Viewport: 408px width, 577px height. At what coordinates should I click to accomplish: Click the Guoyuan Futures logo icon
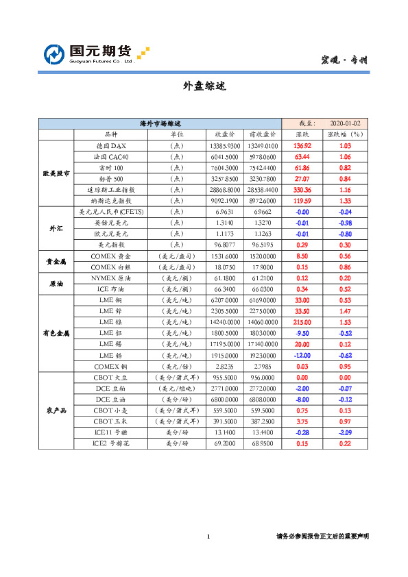point(54,53)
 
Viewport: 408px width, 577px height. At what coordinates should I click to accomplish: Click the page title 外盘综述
point(204,87)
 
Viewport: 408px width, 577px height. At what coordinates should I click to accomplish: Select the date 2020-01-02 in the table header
point(346,123)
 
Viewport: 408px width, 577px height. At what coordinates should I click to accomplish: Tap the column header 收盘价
point(226,135)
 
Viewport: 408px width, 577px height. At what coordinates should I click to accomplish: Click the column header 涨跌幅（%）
point(346,135)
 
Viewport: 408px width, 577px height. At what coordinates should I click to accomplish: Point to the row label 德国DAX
point(110,146)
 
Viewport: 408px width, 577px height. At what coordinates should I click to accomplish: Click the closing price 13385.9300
point(226,146)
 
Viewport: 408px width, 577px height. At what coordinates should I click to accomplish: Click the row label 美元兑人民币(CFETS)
point(110,212)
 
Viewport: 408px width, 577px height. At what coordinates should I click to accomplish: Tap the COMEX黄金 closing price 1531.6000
point(226,256)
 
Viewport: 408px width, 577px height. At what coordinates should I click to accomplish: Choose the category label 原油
point(56,283)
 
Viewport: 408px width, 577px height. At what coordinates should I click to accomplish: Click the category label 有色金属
point(56,332)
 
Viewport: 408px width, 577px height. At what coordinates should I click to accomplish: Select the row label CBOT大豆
point(110,377)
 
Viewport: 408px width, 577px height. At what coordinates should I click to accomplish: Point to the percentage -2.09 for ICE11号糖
point(346,432)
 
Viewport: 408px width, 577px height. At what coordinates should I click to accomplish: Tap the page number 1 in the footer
point(207,536)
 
